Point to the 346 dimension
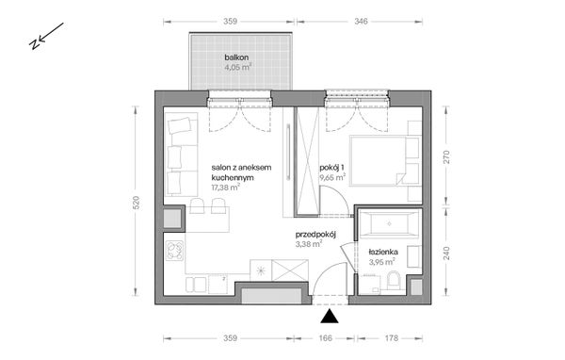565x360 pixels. (x=360, y=19)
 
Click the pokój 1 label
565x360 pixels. (x=332, y=164)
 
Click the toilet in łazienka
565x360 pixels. (x=396, y=279)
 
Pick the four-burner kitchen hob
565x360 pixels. (x=174, y=252)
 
